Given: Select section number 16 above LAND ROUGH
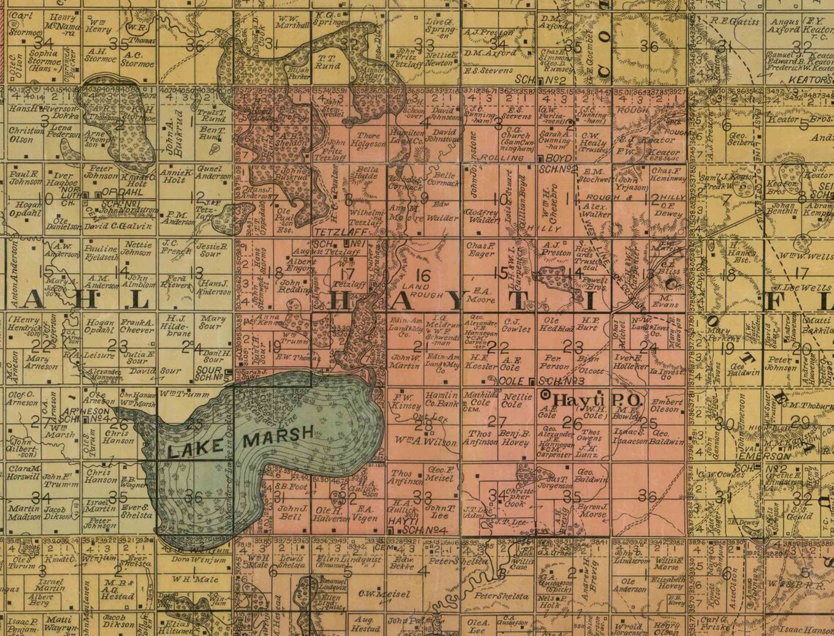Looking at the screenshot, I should (x=424, y=274).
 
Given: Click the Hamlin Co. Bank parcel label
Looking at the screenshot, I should (x=441, y=399).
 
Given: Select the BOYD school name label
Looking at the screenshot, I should (x=557, y=158).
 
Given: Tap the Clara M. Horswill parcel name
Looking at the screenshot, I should (x=24, y=473).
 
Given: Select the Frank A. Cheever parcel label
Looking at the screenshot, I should (x=137, y=326).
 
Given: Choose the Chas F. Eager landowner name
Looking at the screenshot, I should (x=481, y=250).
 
